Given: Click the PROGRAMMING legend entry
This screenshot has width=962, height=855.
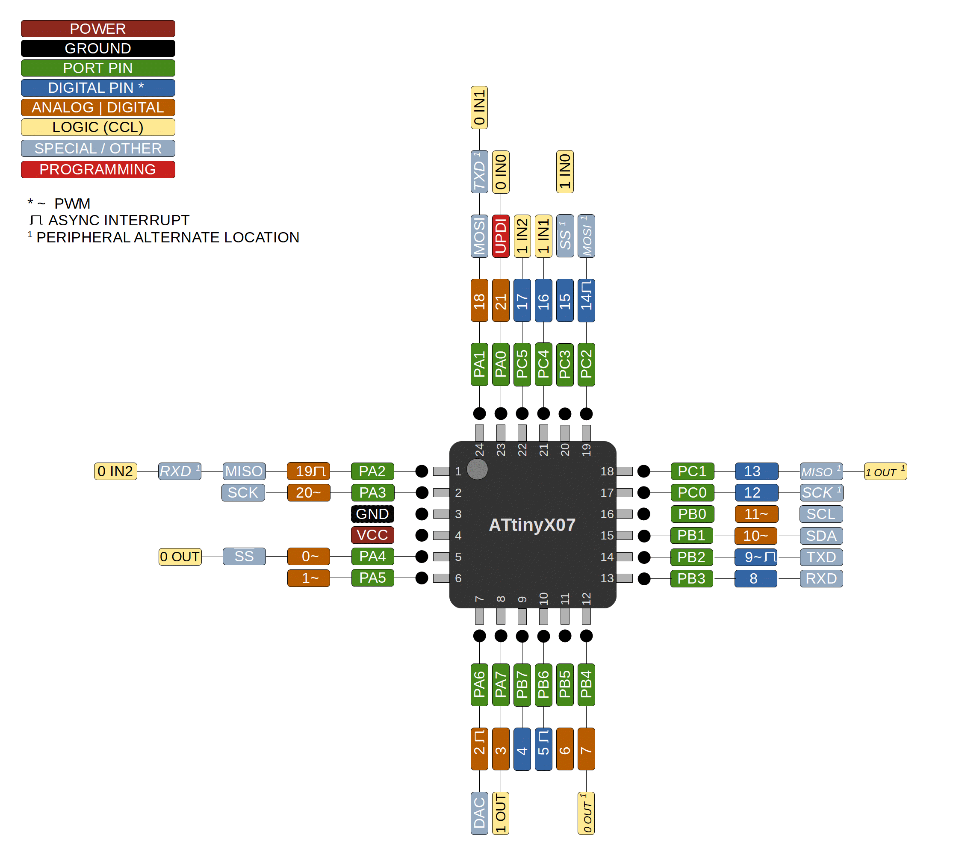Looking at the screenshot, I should (98, 169).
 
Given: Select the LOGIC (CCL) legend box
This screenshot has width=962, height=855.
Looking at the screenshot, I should (98, 127).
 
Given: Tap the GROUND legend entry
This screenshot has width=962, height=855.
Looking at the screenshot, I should (98, 48).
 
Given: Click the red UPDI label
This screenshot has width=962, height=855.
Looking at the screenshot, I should (500, 236).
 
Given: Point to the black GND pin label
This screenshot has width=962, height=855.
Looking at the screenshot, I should (372, 514).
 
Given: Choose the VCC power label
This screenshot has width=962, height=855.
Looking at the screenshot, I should (372, 535).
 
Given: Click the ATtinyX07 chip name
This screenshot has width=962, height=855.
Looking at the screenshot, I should (532, 525).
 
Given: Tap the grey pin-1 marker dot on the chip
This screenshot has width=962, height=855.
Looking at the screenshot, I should (477, 469).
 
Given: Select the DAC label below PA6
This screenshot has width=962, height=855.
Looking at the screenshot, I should (479, 813).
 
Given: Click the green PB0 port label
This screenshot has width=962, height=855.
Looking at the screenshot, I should (692, 514).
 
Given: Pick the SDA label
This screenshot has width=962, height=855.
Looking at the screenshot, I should (821, 536).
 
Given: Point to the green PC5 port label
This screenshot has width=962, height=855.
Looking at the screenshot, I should (522, 364).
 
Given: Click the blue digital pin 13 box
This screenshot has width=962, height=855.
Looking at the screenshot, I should (756, 471).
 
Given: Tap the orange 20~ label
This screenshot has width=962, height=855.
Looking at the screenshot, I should (309, 492).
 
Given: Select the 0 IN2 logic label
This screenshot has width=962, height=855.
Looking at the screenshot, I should (115, 471).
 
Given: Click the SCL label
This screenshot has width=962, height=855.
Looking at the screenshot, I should (821, 514).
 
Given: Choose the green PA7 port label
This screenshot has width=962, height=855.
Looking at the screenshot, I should (500, 685).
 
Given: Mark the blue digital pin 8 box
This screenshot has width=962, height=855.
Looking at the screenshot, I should (755, 578).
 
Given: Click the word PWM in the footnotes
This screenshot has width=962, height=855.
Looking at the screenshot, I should (73, 204).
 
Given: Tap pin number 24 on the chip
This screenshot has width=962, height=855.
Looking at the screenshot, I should (479, 450).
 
